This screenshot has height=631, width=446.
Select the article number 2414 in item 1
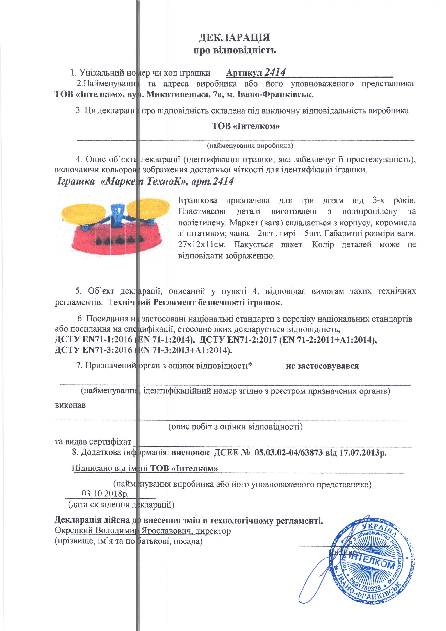[275, 72]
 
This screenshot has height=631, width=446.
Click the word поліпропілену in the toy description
[369, 211]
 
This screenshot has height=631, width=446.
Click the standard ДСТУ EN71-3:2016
[94, 350]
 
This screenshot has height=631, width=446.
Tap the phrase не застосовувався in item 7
[322, 366]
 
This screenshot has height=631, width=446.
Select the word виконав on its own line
[70, 405]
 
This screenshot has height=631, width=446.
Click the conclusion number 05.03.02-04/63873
[288, 452]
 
